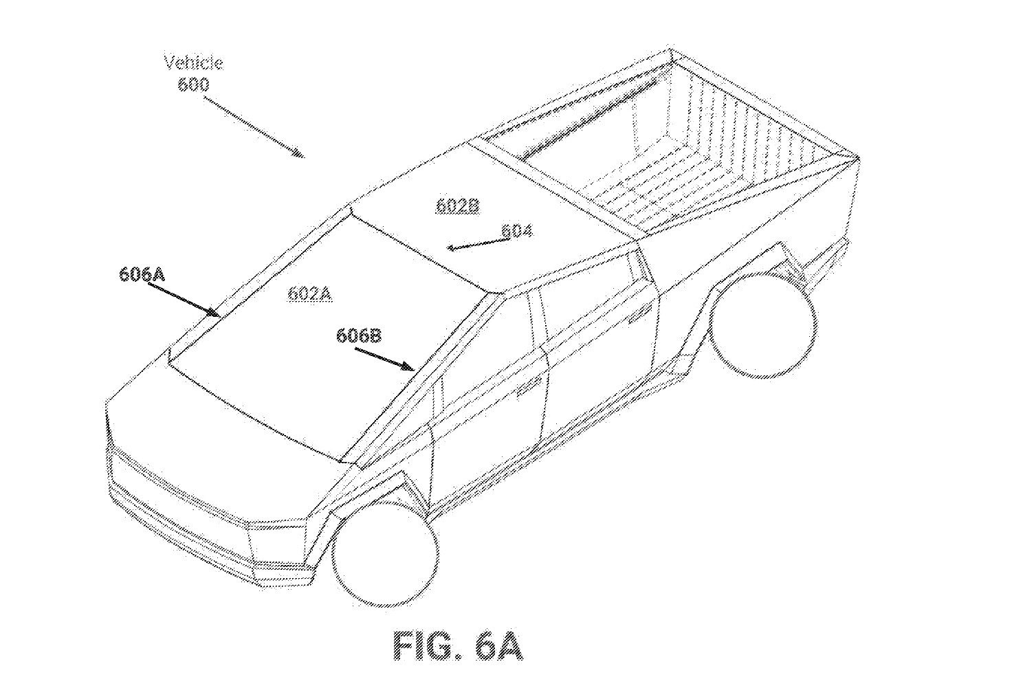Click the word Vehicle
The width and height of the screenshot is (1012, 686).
coord(193,63)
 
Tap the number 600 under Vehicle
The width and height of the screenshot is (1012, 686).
coord(193,85)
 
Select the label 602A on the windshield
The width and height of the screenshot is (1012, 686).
coord(310,294)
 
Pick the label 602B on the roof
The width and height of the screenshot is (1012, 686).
coord(457,206)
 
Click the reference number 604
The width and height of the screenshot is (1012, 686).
coord(517,231)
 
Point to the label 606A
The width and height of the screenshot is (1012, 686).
coord(142,274)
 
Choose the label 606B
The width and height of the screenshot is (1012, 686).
coord(359,336)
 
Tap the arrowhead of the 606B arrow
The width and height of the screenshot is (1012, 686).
coord(408,366)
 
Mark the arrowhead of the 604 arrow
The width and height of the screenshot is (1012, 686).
coord(452,247)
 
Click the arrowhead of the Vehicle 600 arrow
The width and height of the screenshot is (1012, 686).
coord(298,153)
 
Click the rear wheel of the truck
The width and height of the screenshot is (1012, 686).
coord(764,324)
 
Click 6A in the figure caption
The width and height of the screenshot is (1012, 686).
coord(498,646)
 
